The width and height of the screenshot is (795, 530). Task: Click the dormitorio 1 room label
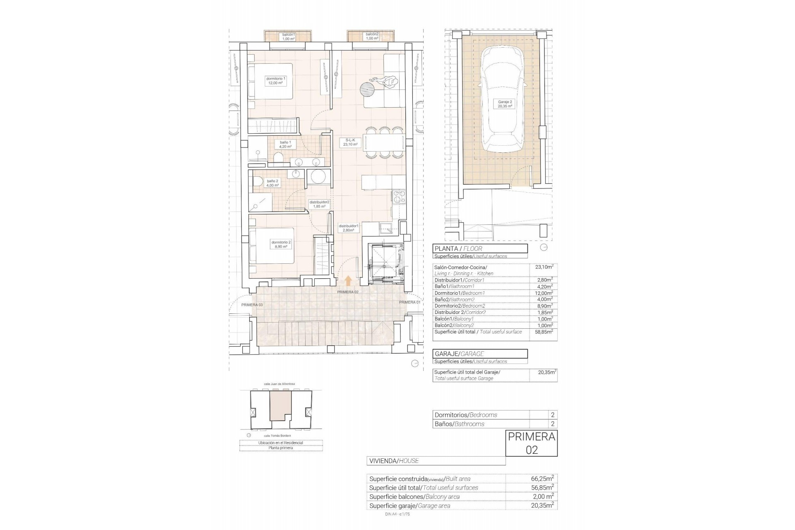[x=276, y=81]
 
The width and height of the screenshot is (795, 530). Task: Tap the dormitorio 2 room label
[x=281, y=244]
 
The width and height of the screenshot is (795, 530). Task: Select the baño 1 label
[x=286, y=144]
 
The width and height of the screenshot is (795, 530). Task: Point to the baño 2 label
[x=272, y=183]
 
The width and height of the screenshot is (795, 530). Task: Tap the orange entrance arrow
[x=348, y=281]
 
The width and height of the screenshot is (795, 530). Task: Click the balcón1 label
[x=288, y=36]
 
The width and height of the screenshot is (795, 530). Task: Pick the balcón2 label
[x=372, y=36]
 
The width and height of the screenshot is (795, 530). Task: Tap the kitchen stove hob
[x=399, y=197]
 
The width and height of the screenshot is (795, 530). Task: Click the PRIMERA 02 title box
[x=531, y=443]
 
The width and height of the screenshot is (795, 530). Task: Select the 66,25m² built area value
[x=542, y=479]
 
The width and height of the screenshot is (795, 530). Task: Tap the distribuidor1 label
[x=349, y=228]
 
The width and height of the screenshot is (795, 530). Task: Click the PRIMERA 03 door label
[x=252, y=305]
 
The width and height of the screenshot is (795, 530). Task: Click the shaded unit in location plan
[x=280, y=406]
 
